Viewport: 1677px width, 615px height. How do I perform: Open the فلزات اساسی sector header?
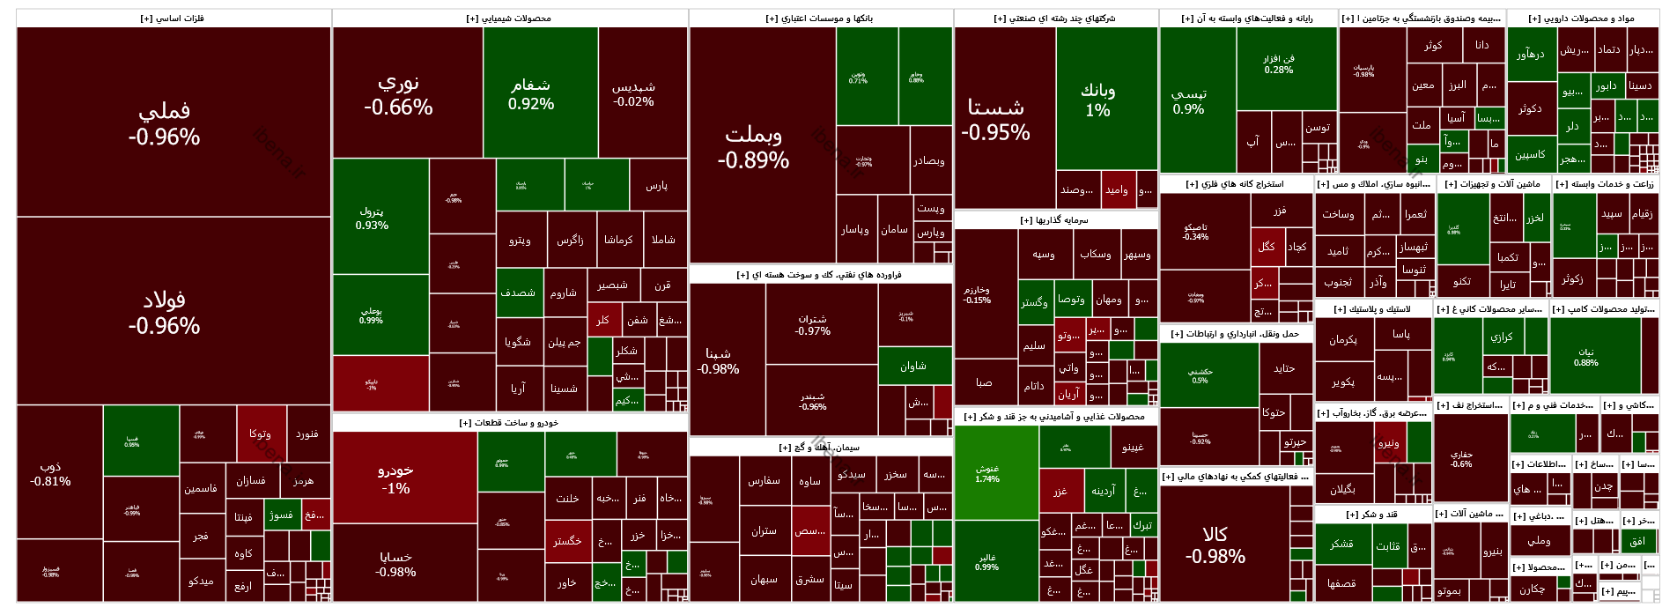coord(173,19)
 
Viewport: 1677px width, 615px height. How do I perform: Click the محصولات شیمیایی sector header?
coord(509,19)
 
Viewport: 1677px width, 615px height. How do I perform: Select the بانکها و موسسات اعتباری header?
coord(820,19)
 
